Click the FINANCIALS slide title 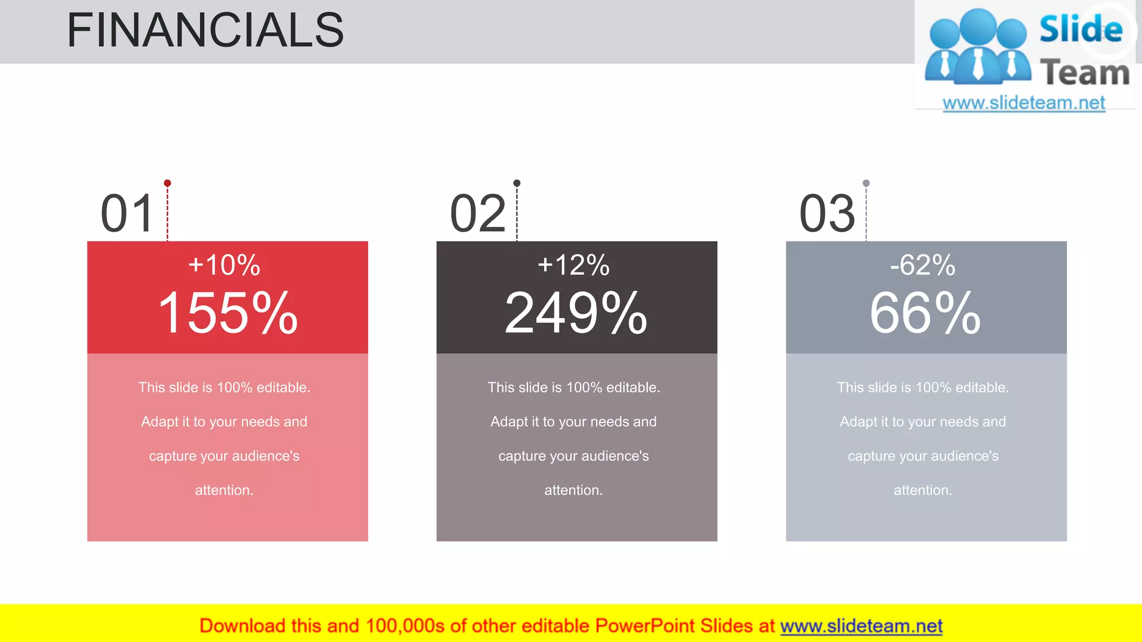point(205,31)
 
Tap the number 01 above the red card point(127,214)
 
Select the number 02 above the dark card point(478,214)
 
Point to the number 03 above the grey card point(827,214)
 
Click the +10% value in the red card point(224,265)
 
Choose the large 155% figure point(228,313)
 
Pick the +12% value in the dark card point(573,265)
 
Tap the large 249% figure point(576,313)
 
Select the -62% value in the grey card point(923,265)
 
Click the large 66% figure point(925,313)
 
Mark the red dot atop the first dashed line point(167,183)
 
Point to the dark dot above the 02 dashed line point(517,183)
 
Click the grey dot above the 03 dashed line point(866,183)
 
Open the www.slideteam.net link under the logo point(1024,103)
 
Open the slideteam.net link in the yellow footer point(861,626)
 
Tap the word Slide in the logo point(1081,30)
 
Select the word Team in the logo point(1085,73)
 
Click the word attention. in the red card point(224,490)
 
